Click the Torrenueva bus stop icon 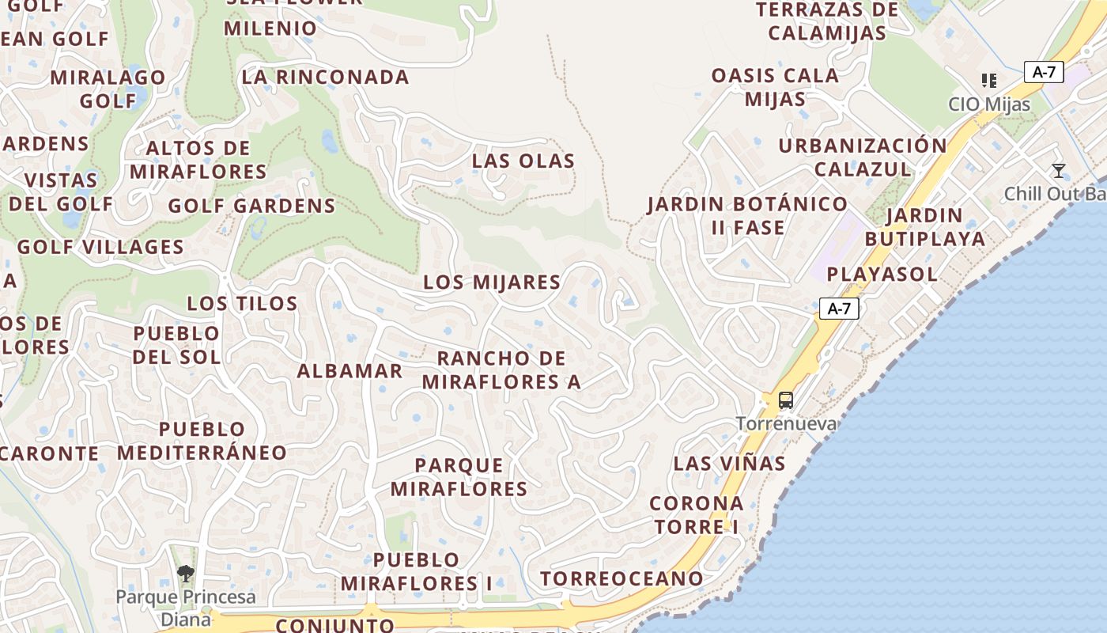785,400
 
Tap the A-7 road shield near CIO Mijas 1044,72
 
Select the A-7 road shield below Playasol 838,309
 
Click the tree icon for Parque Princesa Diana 186,574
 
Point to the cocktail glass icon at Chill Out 1058,171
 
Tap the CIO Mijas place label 989,104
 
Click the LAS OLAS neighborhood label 523,161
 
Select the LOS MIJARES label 492,282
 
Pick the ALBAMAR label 349,371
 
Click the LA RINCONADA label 325,78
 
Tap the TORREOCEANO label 622,579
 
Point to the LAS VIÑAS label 729,464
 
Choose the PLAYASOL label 882,275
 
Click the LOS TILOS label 242,304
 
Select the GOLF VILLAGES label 100,247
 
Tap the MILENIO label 270,28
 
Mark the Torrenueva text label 785,423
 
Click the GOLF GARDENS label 251,207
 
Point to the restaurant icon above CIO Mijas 988,81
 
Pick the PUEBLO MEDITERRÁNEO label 202,441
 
